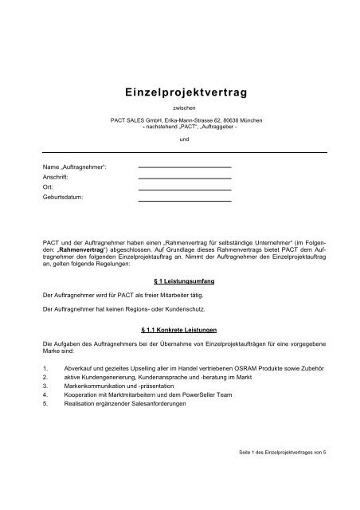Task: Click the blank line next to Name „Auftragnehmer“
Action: point(185,166)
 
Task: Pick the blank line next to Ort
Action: point(185,189)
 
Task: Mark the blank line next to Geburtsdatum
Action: point(185,200)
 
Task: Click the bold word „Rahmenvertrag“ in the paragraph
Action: point(81,247)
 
